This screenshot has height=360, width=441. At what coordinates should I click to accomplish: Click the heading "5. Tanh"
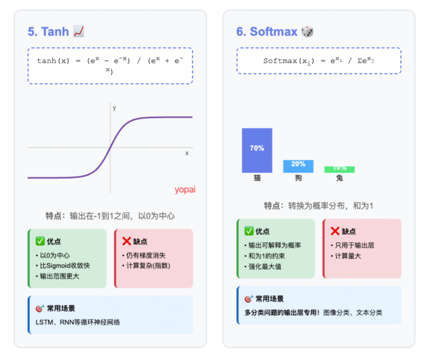tap(48, 31)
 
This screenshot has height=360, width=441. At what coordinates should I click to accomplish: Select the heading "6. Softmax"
tap(267, 31)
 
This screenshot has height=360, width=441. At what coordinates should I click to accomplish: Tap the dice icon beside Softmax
tap(307, 31)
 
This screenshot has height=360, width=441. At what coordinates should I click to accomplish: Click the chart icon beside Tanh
tap(78, 31)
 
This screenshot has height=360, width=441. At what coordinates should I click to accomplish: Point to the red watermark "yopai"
tap(185, 190)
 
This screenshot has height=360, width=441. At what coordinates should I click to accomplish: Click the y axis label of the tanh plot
tap(114, 108)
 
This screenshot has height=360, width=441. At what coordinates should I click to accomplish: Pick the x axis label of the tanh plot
tap(187, 153)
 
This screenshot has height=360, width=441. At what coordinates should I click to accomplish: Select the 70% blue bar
tap(257, 150)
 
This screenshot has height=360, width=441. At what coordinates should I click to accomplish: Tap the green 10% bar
tap(339, 169)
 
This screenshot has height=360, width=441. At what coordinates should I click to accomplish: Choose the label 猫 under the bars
tap(257, 178)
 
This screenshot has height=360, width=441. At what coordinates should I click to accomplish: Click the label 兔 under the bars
tap(339, 178)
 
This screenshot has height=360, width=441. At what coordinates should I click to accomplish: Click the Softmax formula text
tap(319, 61)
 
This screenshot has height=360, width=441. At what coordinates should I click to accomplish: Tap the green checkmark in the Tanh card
tap(40, 241)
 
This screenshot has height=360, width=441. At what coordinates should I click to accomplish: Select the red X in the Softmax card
tap(335, 231)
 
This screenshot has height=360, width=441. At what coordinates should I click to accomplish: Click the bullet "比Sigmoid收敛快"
tap(65, 266)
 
